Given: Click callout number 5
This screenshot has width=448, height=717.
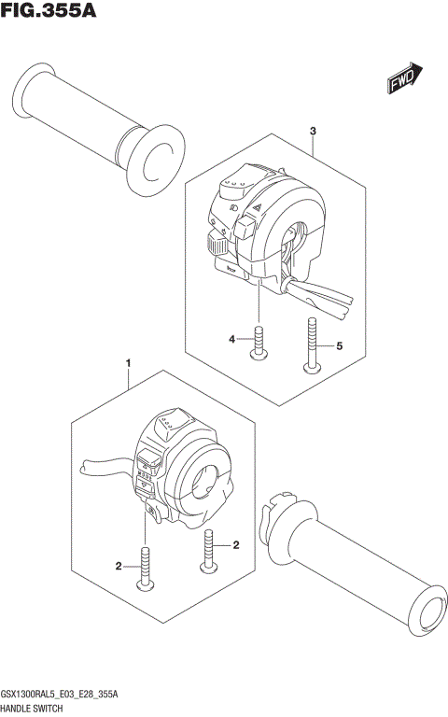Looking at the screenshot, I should pyautogui.click(x=339, y=345).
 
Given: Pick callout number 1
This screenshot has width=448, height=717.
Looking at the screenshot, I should pyautogui.click(x=128, y=362).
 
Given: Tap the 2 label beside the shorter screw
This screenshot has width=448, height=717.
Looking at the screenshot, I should pyautogui.click(x=236, y=544).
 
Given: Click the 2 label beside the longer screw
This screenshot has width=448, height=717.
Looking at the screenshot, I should pyautogui.click(x=119, y=566).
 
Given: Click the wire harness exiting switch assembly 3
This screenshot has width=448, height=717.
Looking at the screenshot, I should pyautogui.click(x=322, y=294).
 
